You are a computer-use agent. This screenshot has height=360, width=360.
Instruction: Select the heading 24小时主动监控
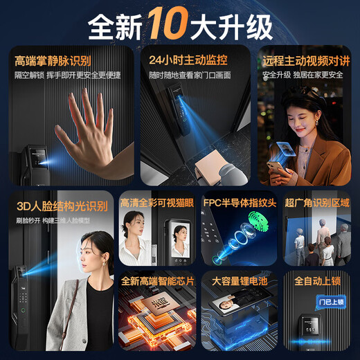tap(182, 61)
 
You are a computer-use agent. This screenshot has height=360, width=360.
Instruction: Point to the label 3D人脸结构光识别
tap(62, 206)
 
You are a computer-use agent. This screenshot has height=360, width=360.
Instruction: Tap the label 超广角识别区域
tap(317, 204)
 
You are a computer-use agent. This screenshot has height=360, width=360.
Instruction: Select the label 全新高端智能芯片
tap(157, 282)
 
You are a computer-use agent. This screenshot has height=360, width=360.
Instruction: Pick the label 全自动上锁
tap(317, 282)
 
